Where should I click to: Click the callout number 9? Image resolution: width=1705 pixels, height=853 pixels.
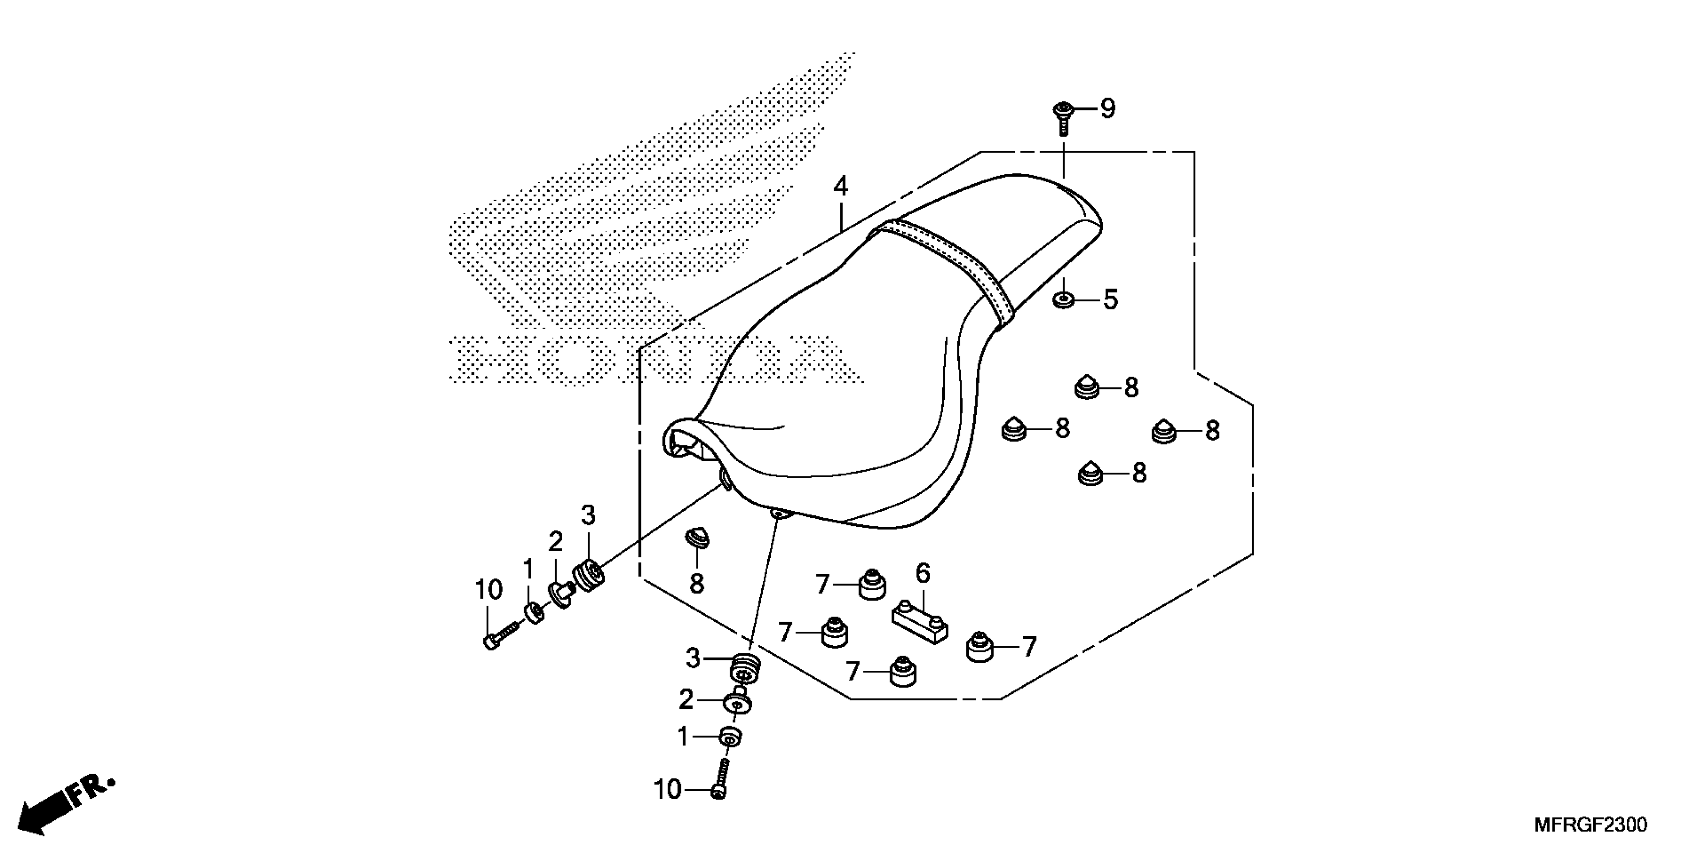[1108, 108]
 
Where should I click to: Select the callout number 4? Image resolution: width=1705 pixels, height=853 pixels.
[840, 186]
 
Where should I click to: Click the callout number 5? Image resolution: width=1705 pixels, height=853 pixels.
[1111, 300]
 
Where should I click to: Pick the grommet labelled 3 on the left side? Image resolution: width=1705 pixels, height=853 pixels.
[588, 575]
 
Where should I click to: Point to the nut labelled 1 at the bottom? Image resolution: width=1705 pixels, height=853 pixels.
[730, 736]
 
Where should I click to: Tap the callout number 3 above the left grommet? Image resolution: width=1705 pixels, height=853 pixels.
[588, 515]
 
